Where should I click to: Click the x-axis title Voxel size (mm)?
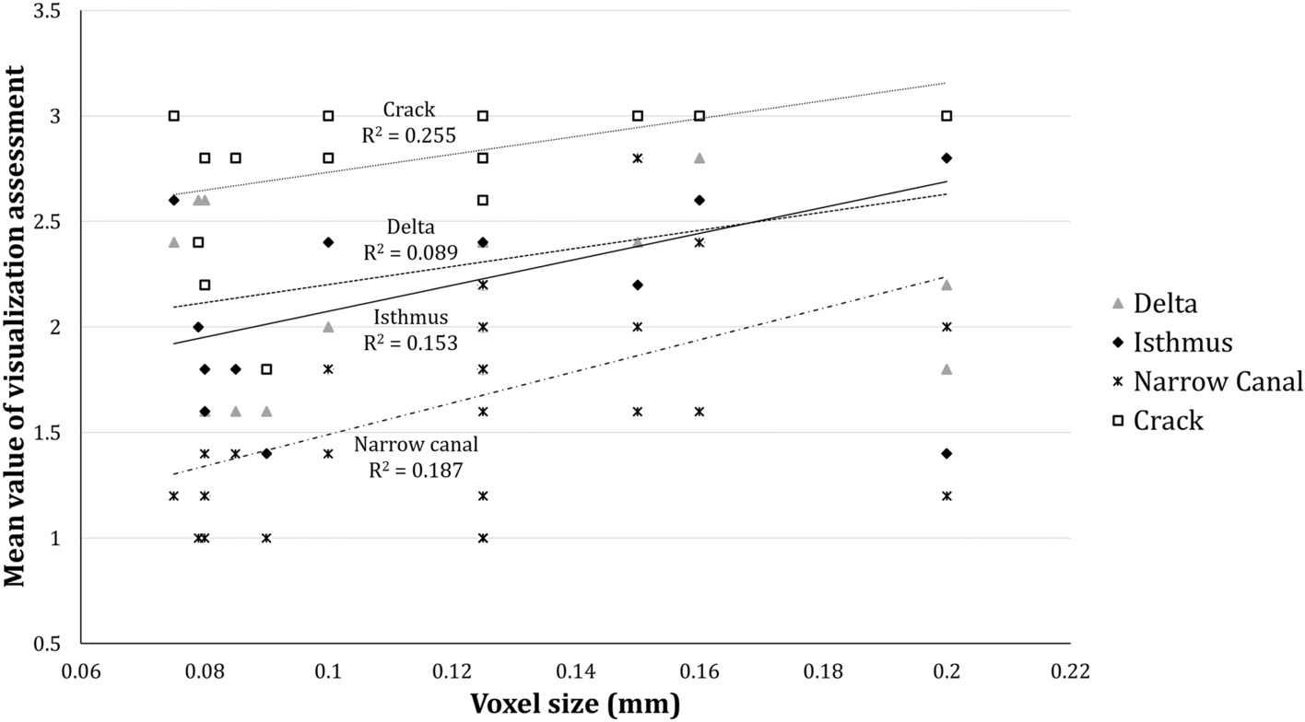576,705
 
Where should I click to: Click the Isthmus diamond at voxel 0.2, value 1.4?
946,453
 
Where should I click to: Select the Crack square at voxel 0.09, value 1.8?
266,369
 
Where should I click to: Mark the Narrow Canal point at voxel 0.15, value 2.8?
637,157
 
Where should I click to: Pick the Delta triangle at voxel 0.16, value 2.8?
700,157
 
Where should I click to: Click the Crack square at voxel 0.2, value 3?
946,115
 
